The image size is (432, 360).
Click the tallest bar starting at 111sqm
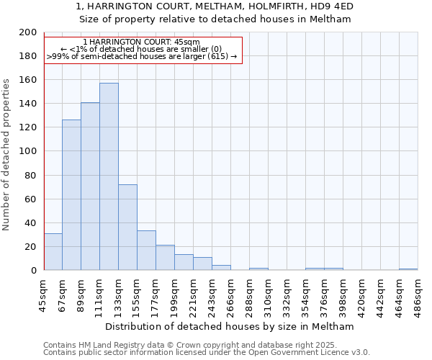(x=109, y=176)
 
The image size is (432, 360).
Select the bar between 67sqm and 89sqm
(x=71, y=194)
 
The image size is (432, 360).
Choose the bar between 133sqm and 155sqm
(x=127, y=227)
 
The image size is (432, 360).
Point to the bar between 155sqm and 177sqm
(x=146, y=250)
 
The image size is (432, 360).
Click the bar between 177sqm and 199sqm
(x=165, y=257)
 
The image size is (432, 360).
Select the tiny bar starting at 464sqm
(x=408, y=269)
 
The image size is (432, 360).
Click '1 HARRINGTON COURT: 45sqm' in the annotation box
(x=142, y=42)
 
